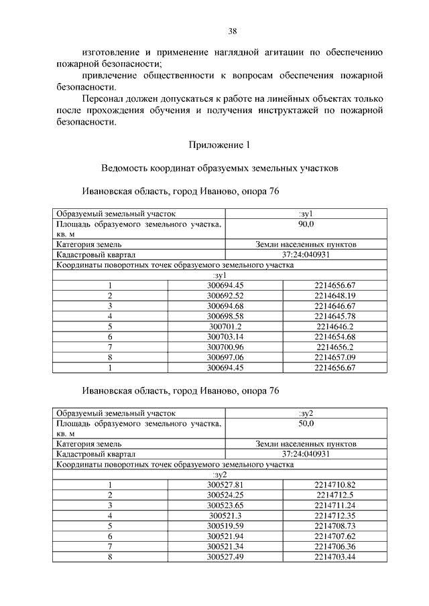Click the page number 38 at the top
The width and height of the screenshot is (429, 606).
(x=233, y=31)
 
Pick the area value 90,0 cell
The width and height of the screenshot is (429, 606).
(x=306, y=223)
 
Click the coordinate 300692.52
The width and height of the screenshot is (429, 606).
(x=225, y=296)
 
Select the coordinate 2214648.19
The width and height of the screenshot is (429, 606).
(x=334, y=296)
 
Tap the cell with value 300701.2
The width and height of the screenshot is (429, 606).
(x=225, y=326)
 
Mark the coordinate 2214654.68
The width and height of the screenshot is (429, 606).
(x=334, y=337)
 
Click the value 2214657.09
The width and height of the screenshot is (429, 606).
(x=334, y=357)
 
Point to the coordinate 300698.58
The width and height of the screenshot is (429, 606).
(x=225, y=316)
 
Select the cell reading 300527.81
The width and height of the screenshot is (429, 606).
(x=225, y=485)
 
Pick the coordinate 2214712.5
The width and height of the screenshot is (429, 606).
(x=334, y=495)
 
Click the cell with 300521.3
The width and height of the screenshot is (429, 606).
(x=225, y=516)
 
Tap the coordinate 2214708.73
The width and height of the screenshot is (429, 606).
(x=334, y=526)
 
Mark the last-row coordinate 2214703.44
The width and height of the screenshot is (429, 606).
(x=334, y=556)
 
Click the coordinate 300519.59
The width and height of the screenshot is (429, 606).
(x=225, y=526)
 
